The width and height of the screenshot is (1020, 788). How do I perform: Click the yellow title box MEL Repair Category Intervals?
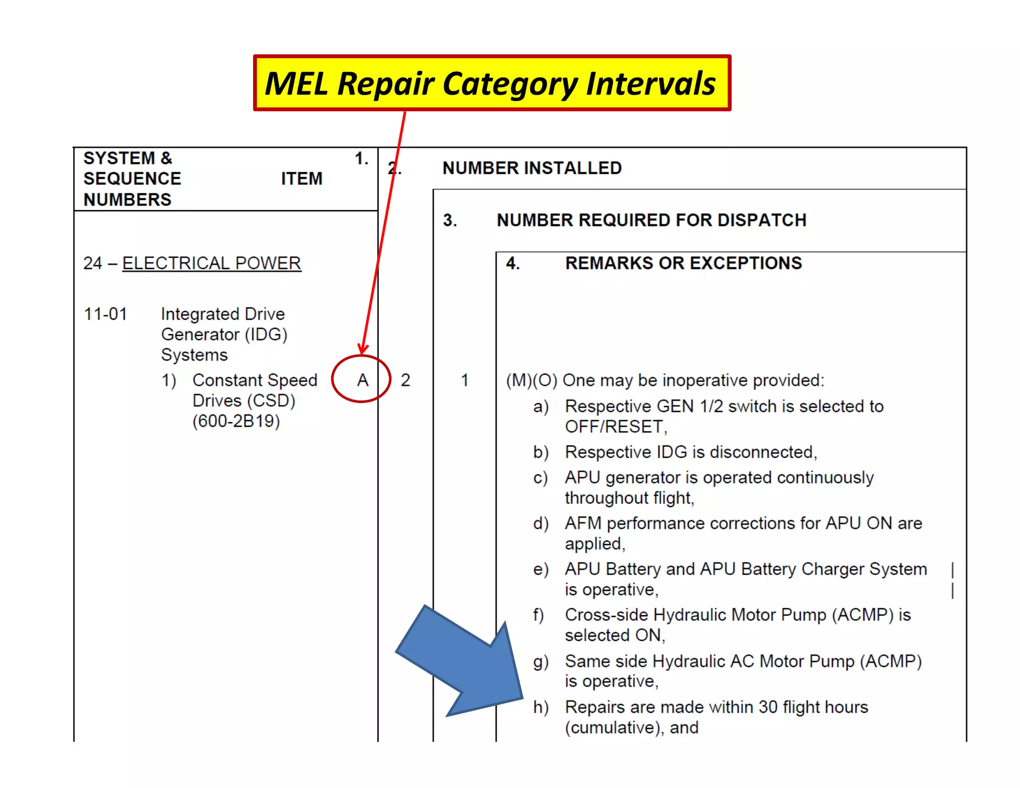(492, 83)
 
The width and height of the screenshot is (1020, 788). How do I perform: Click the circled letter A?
(363, 380)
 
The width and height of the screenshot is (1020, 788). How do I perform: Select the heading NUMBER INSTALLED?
(532, 168)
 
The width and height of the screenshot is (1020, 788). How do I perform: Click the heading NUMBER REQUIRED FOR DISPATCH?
(651, 220)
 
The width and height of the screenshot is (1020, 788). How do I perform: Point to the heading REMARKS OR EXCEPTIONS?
(683, 263)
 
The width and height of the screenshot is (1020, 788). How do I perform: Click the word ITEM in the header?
(302, 178)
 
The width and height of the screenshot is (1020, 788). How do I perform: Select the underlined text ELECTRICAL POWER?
(212, 263)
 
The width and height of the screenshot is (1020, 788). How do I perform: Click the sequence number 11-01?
(106, 314)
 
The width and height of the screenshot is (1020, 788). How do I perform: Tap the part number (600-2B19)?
(236, 421)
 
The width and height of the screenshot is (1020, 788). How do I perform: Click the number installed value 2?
(405, 381)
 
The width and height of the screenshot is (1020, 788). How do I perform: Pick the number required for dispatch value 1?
(465, 381)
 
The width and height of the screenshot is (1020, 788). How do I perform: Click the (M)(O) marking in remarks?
(531, 381)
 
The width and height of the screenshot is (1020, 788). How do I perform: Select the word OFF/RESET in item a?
(615, 427)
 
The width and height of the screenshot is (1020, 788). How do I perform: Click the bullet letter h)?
(541, 707)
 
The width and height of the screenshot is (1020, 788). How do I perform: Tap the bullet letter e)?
(541, 569)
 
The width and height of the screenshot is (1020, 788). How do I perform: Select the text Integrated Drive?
(223, 314)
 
